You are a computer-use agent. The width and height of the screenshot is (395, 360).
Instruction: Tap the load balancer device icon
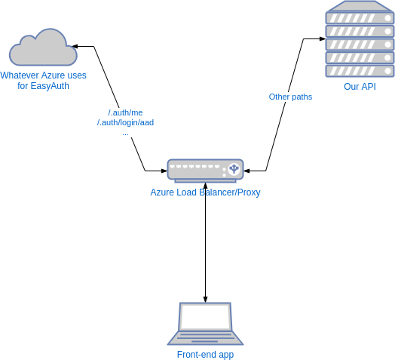click(205, 171)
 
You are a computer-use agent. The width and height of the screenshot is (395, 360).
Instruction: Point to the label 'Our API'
click(360, 87)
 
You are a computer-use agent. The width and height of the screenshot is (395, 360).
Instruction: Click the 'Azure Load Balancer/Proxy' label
click(205, 192)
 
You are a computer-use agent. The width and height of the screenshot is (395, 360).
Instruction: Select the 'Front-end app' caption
click(205, 354)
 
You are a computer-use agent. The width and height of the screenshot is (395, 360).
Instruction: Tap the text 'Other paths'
click(290, 97)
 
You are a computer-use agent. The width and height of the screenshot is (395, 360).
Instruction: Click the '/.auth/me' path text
click(125, 112)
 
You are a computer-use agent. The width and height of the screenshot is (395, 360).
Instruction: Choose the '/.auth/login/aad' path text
click(125, 122)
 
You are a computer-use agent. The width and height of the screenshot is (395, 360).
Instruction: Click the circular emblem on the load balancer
click(234, 168)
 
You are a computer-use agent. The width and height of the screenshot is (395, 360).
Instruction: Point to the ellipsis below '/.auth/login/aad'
click(125, 132)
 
